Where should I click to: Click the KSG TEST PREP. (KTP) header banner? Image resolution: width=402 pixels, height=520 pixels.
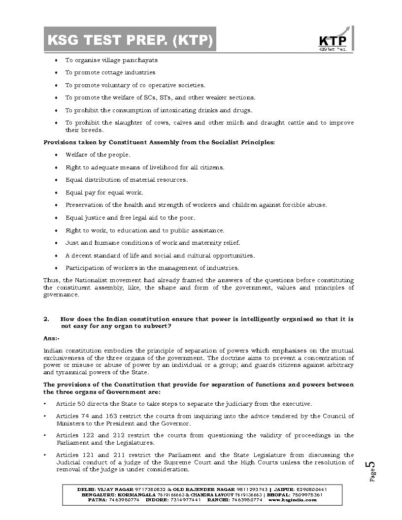click(x=130, y=40)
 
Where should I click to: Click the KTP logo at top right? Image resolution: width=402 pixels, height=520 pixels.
click(x=333, y=41)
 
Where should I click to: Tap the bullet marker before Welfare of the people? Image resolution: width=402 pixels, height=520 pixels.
click(x=56, y=155)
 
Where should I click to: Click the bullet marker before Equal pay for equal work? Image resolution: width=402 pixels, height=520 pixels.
click(x=56, y=193)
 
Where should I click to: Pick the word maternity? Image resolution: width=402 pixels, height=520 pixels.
click(x=209, y=243)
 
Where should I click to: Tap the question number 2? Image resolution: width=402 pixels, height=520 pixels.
click(x=46, y=319)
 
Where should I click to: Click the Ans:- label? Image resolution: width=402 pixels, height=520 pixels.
click(x=51, y=338)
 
